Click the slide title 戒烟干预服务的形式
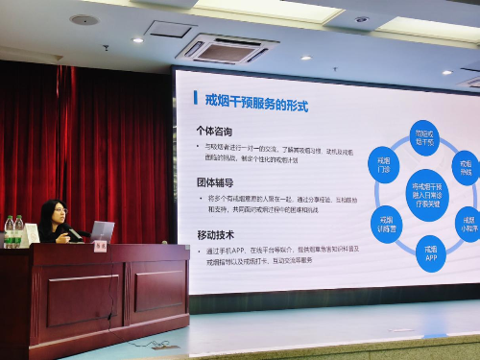257,97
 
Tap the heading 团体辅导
215,181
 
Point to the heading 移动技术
215,233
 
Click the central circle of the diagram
425,194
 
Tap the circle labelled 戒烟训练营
386,224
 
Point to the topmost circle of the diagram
423,134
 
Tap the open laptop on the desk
101,231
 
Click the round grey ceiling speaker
84,19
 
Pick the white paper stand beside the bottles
32,233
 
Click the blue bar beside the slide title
197,97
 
